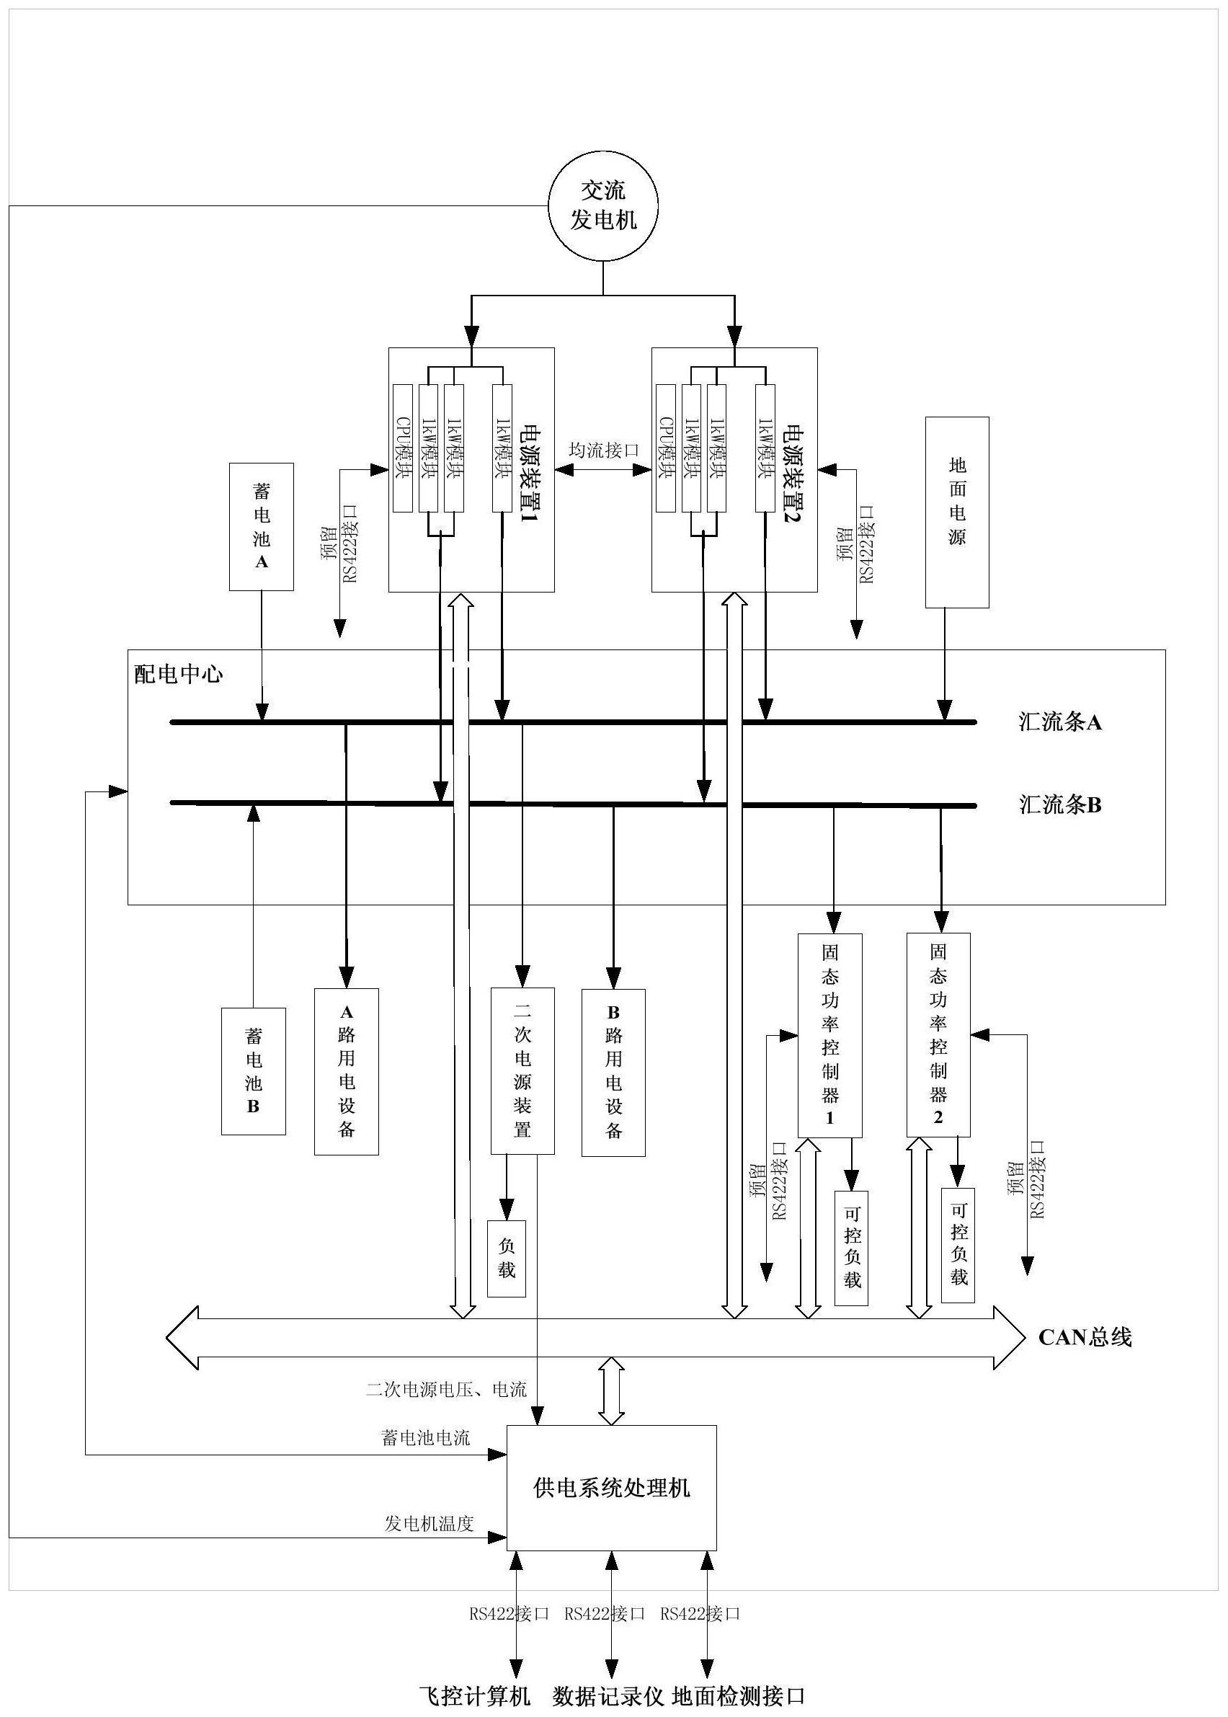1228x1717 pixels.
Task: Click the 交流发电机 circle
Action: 602,205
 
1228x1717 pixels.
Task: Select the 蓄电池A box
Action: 262,526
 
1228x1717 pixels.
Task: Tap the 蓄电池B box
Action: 254,1070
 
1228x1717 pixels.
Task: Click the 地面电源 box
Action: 957,512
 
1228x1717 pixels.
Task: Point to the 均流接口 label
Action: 603,450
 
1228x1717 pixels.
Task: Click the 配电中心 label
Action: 179,674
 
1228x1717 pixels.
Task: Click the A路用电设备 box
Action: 347,1071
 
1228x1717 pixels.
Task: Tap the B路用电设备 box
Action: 613,1072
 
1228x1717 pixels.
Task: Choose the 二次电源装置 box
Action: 522,1070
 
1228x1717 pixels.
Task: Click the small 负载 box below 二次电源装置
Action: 507,1259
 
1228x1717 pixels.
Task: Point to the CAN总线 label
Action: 1085,1337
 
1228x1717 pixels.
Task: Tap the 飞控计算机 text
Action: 475,1697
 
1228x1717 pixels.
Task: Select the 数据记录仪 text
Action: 608,1697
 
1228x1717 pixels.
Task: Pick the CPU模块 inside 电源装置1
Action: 402,448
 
